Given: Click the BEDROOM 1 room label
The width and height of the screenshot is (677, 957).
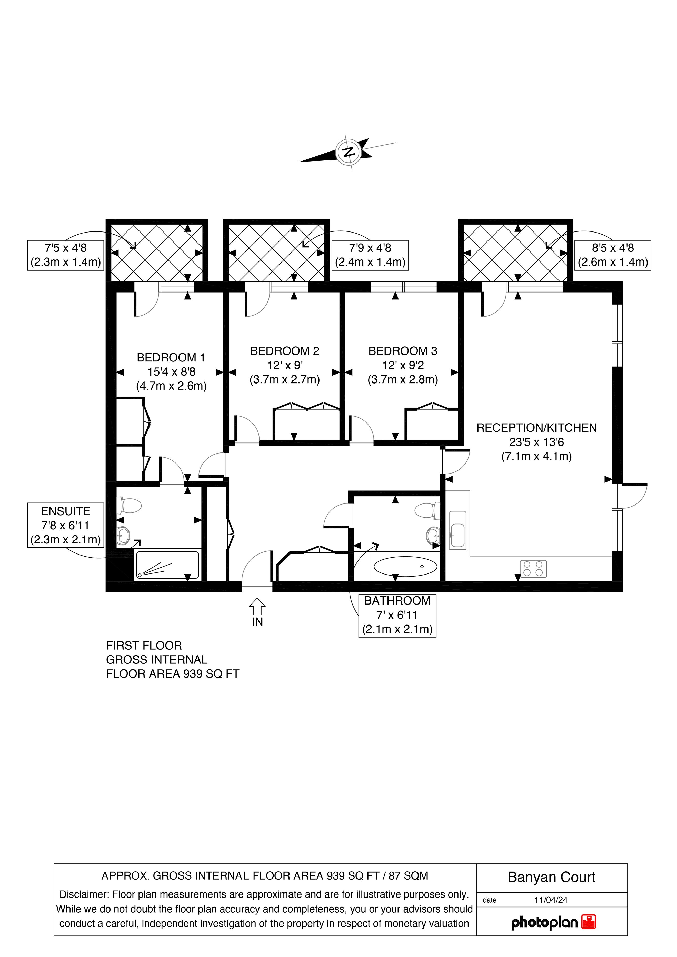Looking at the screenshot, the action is click(171, 358).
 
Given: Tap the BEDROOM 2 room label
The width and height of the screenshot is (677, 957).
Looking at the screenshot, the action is click(285, 351).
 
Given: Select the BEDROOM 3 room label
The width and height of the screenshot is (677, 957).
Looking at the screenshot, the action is click(403, 351).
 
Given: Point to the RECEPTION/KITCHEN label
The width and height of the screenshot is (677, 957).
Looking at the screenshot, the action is click(536, 428).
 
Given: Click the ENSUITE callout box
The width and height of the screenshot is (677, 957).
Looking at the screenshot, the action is click(65, 525).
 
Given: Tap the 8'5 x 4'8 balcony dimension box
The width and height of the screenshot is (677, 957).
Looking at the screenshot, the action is click(613, 255).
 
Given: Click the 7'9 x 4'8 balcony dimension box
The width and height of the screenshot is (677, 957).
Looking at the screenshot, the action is click(370, 255).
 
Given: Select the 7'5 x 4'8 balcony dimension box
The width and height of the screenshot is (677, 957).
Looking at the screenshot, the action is click(65, 255).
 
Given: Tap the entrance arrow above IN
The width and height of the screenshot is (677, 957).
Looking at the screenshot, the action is click(257, 607).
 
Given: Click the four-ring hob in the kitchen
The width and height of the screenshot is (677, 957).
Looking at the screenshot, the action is click(533, 569).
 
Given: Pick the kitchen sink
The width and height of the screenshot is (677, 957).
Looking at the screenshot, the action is click(458, 530).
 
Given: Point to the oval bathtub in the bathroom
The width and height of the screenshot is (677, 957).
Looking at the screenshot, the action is click(405, 567).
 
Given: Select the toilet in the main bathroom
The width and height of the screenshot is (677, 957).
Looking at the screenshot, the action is click(427, 511).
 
